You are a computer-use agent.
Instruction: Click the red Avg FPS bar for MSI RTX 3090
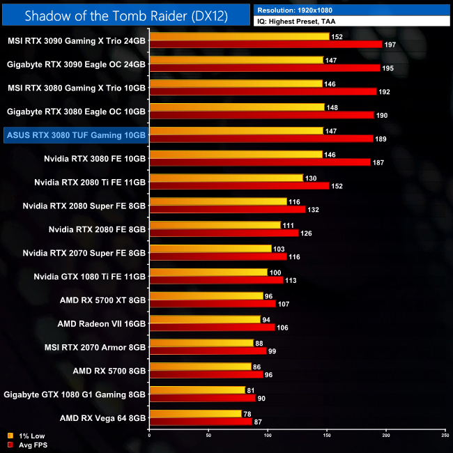[266, 44]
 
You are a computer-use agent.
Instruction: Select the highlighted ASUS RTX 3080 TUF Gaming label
[75, 135]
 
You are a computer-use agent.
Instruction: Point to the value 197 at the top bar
[392, 45]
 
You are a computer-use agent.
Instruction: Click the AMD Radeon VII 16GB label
[101, 324]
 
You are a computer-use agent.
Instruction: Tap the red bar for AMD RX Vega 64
[201, 422]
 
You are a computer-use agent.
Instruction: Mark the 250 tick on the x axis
[445, 434]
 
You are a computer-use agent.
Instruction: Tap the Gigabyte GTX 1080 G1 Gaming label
[75, 395]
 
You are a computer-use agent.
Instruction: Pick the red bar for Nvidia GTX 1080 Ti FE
[216, 280]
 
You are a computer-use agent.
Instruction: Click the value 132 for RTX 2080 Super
[315, 209]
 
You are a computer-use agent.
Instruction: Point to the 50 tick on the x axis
[208, 434]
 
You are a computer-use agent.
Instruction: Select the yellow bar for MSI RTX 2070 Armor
[201, 343]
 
